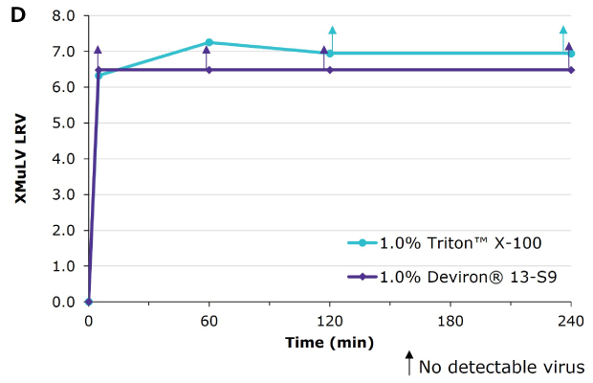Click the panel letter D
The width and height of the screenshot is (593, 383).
click(x=16, y=14)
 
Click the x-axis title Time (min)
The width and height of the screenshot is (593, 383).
click(x=329, y=342)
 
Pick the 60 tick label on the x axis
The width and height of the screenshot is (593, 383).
click(x=209, y=322)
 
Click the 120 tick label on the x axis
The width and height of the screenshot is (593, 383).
click(x=329, y=322)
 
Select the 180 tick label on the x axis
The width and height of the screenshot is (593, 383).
click(x=450, y=322)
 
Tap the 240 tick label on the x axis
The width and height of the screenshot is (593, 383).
click(x=571, y=322)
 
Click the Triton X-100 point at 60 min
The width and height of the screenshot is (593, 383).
click(x=209, y=42)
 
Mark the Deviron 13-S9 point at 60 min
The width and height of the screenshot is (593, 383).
click(x=209, y=70)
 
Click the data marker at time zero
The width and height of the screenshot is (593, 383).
click(x=88, y=302)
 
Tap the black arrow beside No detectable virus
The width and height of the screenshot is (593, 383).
click(x=409, y=364)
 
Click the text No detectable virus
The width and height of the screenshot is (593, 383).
click(x=501, y=366)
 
